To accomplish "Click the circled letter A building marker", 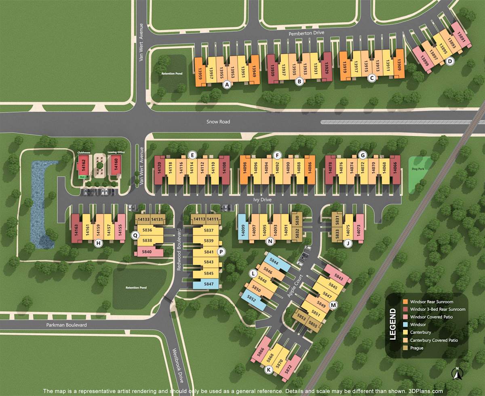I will pos(227,84).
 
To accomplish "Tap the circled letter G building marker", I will pos(363,155).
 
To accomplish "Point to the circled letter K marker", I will pos(268,369).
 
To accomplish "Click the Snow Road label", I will pos(218,121).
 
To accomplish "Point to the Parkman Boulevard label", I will pos(66,325).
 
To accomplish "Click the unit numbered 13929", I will pos(327,66).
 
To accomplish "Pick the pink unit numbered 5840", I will pos(147,252).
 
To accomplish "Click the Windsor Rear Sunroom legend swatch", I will pos(405,302).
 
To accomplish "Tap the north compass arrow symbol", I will pos(456,374).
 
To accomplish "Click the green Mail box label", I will pos(82,177).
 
